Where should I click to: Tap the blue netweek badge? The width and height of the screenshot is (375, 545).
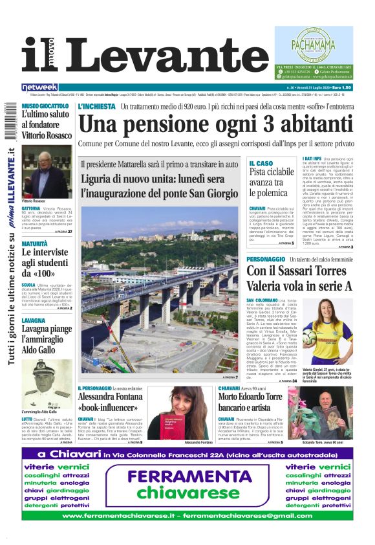(39, 87)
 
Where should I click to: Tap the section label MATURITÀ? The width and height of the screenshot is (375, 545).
(35, 244)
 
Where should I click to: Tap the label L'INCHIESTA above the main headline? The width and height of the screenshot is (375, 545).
(96, 106)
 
